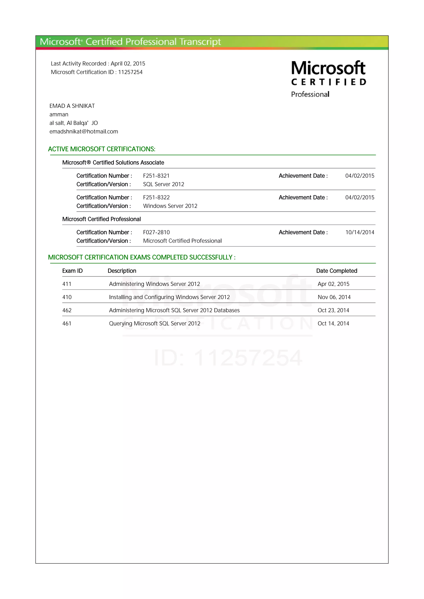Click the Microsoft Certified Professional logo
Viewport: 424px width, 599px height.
pos(328,79)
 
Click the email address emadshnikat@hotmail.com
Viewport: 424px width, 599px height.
pos(84,131)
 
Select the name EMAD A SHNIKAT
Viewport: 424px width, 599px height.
pos(72,106)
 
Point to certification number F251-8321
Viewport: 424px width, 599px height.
pos(156,176)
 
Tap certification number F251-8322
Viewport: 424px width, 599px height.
pos(156,197)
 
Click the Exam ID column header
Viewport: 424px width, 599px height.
pos(72,271)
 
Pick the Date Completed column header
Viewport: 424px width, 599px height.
pos(336,271)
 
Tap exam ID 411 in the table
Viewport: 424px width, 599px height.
pos(67,284)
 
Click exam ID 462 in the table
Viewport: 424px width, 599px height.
pos(67,310)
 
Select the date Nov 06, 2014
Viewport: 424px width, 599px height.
pos(334,297)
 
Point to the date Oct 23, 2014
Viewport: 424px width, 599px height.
pos(333,310)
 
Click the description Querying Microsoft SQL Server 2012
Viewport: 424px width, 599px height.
pos(155,323)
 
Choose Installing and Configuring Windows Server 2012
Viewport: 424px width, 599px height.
pos(169,297)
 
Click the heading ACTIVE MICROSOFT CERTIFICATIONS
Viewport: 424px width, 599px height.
pos(102,149)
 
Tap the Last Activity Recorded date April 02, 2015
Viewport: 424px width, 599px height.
pos(128,64)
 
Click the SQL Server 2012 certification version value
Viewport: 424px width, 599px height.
pos(164,184)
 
